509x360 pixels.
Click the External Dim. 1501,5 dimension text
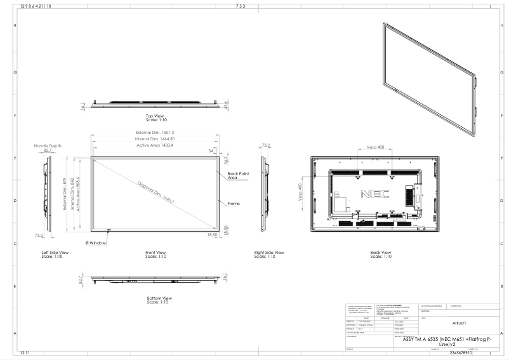click(155, 132)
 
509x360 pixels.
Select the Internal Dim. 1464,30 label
click(155, 138)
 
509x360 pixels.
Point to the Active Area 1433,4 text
click(155, 145)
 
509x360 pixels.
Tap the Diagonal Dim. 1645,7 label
click(155, 192)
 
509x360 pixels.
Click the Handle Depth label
click(48, 145)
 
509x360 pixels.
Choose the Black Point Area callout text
click(237, 175)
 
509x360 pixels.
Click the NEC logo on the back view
click(370, 192)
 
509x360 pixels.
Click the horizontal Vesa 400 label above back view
click(376, 147)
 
